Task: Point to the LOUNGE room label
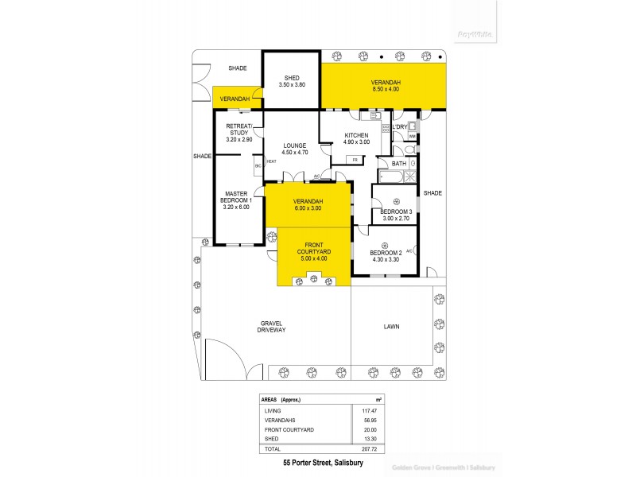(x=295, y=145)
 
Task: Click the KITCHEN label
(x=357, y=136)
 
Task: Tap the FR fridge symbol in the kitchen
(x=355, y=160)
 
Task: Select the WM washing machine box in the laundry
(x=412, y=137)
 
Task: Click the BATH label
(x=398, y=163)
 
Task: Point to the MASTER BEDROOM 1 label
(x=238, y=196)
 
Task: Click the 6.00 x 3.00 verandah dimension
(x=308, y=207)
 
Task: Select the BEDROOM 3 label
(x=397, y=211)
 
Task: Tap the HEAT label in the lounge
(x=271, y=161)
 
